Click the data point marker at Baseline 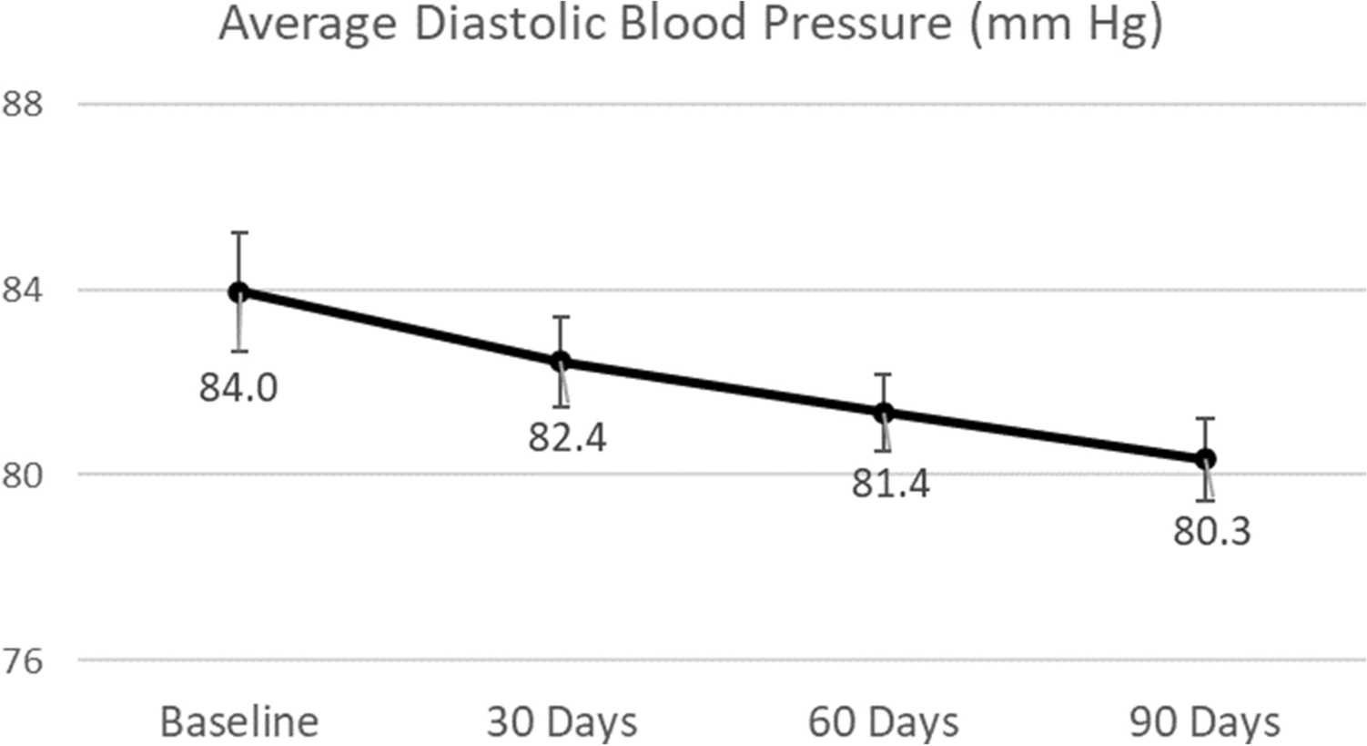tap(239, 291)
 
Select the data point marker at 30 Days tap(561, 362)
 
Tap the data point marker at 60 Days tap(883, 413)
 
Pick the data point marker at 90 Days tap(1205, 459)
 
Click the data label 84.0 tap(238, 388)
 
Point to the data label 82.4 tap(567, 438)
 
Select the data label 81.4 tap(890, 484)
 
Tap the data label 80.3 tap(1211, 531)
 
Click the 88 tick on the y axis tap(22, 104)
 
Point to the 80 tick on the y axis tap(22, 475)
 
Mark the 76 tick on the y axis tap(22, 661)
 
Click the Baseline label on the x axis tap(239, 722)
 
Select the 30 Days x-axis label tap(562, 722)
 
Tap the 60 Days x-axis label tap(883, 722)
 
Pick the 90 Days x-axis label tap(1205, 722)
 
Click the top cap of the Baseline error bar tap(239, 233)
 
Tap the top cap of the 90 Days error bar tap(1205, 419)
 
